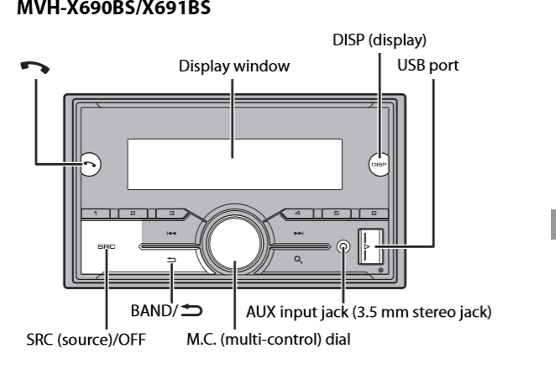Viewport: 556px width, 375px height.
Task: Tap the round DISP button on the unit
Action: click(378, 165)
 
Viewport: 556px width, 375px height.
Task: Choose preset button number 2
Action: click(134, 215)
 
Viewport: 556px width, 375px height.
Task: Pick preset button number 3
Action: click(170, 215)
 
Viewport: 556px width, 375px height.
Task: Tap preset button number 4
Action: click(298, 215)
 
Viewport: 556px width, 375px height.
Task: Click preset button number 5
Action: click(335, 215)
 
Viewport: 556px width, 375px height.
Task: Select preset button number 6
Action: click(372, 215)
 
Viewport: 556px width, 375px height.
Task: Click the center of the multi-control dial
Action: click(234, 250)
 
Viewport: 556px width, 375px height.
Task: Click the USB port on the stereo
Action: click(368, 248)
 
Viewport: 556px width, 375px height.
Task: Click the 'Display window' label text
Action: click(233, 66)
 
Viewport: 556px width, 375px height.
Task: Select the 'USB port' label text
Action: click(427, 65)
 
